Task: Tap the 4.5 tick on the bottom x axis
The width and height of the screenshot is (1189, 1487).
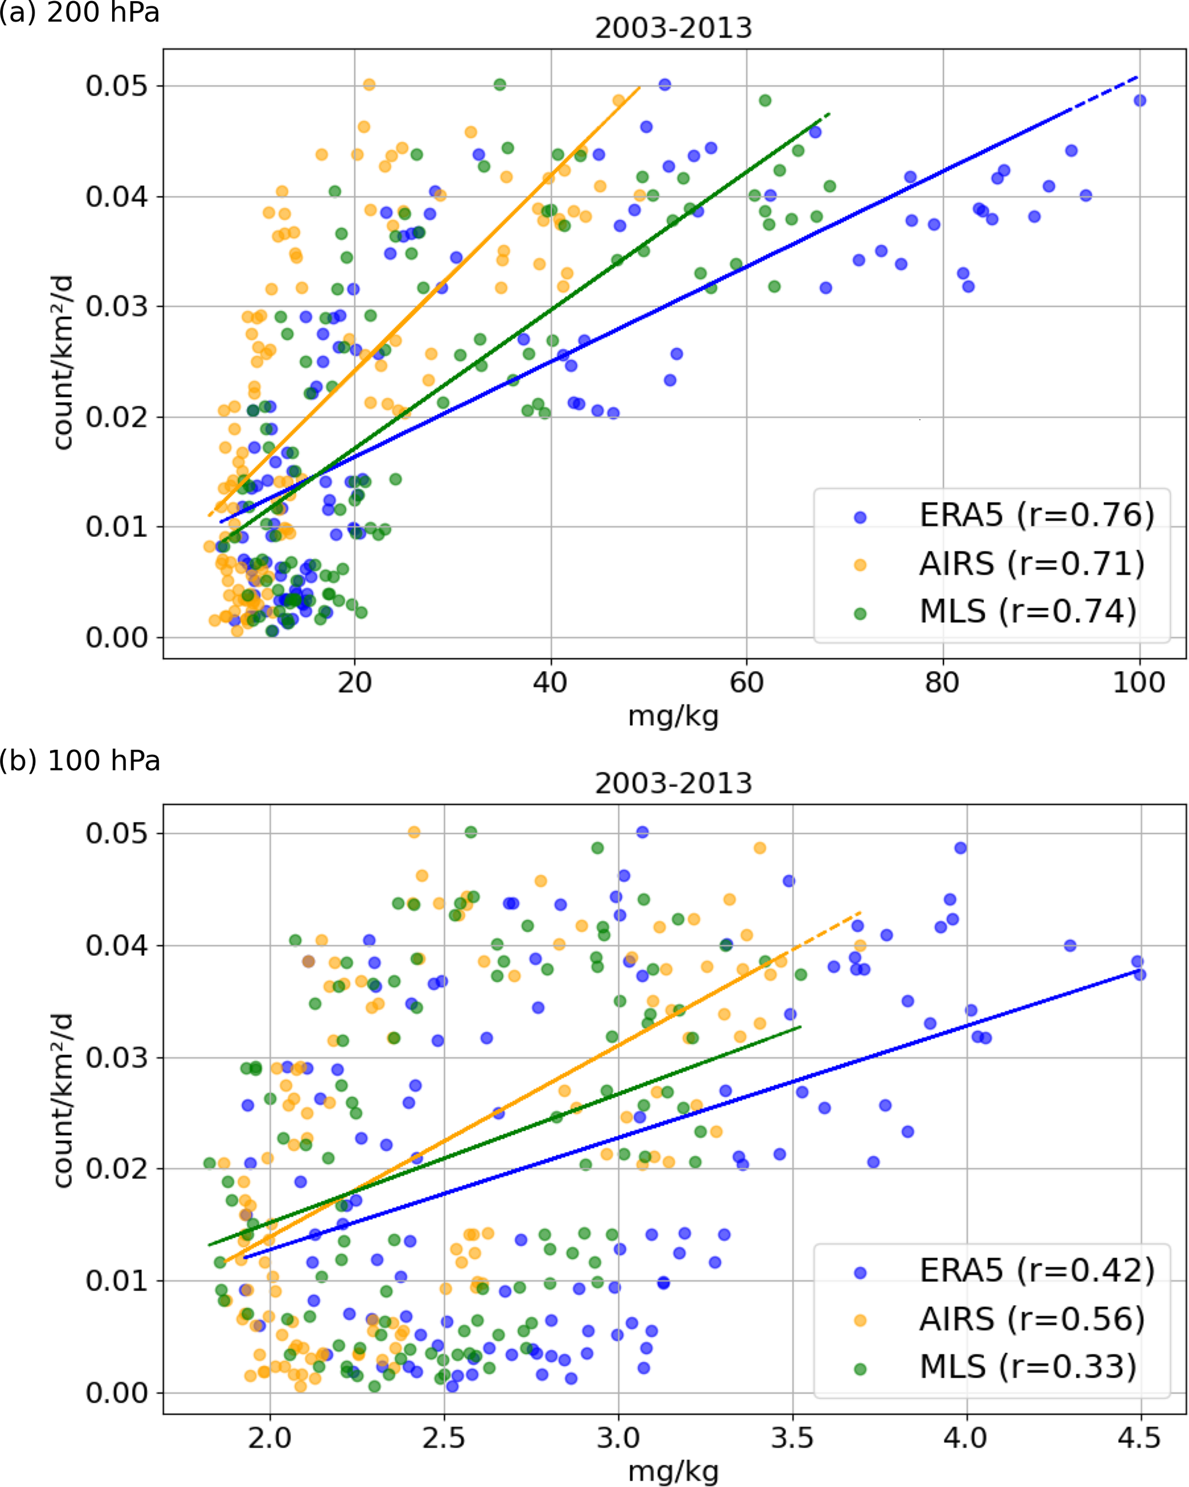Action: tap(1141, 1439)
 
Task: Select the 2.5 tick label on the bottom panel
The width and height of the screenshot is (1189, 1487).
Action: tap(445, 1439)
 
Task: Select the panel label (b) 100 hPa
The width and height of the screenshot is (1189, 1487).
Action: tap(80, 761)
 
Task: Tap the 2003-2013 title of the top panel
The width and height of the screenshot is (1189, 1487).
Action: tap(674, 29)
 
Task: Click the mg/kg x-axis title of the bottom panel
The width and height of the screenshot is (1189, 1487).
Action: tap(674, 1473)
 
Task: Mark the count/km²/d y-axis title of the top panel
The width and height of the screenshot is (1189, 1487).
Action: tap(63, 362)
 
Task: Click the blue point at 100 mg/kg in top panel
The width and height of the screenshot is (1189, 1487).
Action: tap(1140, 101)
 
